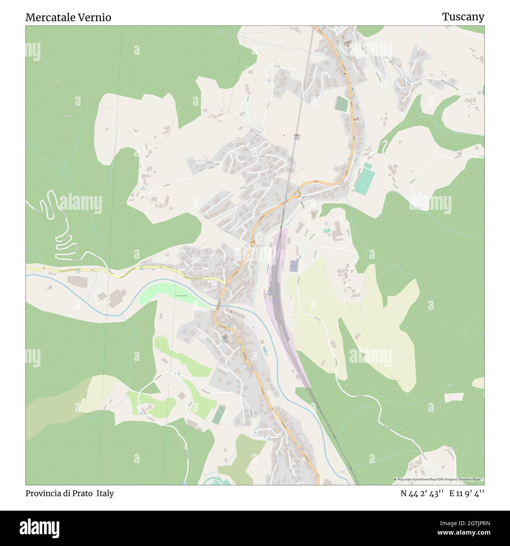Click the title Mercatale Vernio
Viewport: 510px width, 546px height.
[68, 17]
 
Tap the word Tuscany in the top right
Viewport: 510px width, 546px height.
[463, 16]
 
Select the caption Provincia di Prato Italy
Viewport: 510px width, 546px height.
[69, 493]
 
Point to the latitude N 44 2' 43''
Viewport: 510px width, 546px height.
[422, 494]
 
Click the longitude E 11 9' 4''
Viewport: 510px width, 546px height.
[466, 494]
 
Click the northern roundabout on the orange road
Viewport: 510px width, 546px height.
[297, 194]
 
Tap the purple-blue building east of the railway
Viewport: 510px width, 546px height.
[294, 266]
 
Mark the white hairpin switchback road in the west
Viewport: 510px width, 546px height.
[59, 228]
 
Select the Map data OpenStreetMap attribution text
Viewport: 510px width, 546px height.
[439, 479]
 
